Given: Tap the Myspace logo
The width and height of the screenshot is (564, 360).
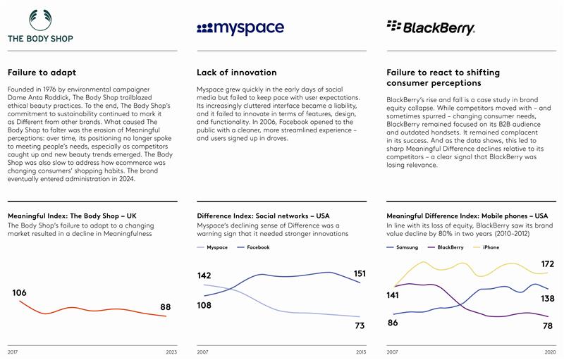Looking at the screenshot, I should tap(240, 28).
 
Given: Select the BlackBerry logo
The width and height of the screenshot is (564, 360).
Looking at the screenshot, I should tap(431, 27).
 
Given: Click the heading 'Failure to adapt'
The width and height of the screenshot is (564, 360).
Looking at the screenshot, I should tap(42, 73).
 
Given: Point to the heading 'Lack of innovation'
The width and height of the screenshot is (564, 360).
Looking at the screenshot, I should tap(236, 73).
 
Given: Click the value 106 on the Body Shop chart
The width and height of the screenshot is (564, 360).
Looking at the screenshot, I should tap(20, 292).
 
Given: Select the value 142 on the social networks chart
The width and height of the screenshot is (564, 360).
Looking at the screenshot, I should tap(205, 275).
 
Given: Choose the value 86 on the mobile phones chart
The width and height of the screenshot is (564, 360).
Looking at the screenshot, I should tap(393, 323).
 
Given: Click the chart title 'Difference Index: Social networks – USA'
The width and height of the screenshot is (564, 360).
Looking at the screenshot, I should tap(263, 216).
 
